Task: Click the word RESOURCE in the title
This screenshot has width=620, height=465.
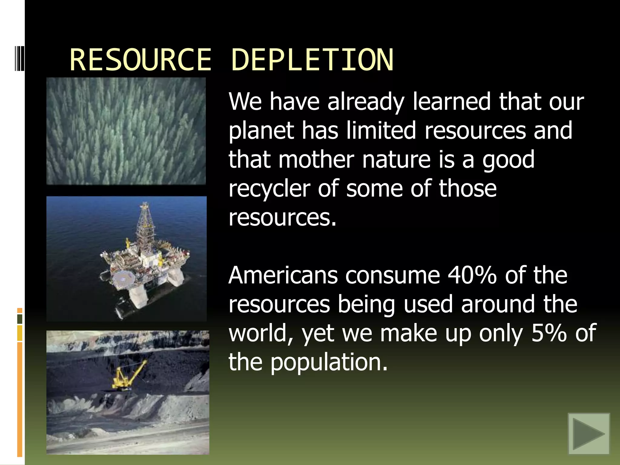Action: click(140, 60)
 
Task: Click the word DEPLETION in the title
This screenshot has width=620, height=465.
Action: click(312, 60)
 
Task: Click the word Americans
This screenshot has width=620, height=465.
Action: click(283, 275)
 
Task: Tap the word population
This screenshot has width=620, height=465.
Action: click(328, 362)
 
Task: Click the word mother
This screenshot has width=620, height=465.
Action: click(316, 160)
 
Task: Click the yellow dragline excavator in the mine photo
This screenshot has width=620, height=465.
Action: click(127, 375)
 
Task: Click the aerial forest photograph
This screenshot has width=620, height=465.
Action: click(126, 131)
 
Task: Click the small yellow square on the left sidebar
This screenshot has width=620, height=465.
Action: click(20, 333)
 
